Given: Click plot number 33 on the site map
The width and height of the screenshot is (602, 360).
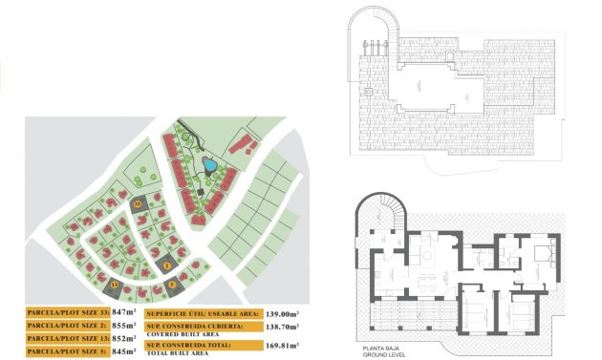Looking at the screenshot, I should pos(138,203).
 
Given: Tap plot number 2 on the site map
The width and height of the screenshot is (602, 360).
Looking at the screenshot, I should pos(166,265).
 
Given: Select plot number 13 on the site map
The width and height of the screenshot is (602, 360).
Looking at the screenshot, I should pos(116,284).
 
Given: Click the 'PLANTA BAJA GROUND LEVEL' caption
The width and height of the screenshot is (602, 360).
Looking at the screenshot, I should pos(383,351).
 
